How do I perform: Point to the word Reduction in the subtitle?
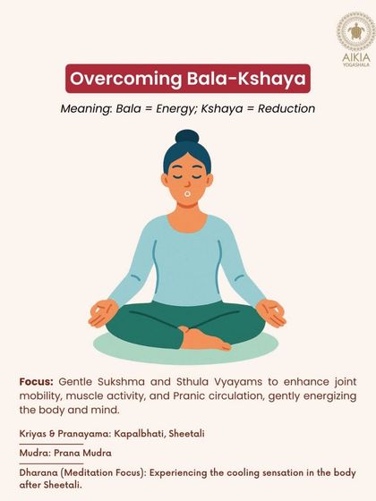(286, 109)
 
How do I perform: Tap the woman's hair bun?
(187, 139)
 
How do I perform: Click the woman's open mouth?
(187, 191)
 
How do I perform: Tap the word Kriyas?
(35, 433)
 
